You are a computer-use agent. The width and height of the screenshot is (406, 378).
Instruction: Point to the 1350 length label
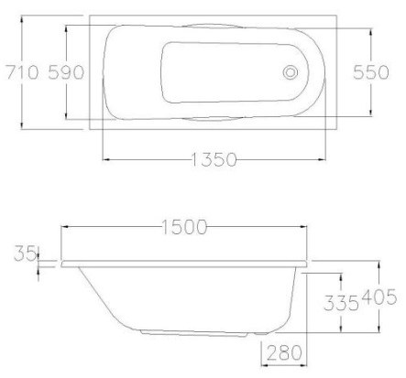click(213, 160)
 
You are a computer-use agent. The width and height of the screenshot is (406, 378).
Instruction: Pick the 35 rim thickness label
click(21, 254)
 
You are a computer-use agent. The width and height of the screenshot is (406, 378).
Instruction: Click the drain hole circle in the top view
click(292, 71)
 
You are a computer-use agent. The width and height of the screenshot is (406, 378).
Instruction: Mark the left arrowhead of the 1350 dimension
click(104, 160)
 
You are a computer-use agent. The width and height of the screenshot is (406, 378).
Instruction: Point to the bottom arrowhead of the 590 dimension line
click(67, 116)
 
